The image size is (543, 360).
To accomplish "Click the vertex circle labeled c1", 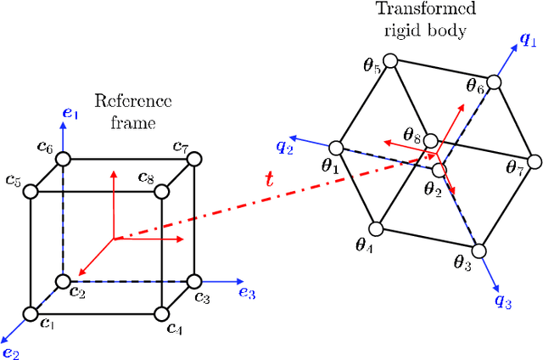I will point(31,314).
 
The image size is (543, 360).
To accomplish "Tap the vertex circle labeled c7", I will point(194,159).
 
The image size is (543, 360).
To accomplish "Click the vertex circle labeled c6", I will point(64,159).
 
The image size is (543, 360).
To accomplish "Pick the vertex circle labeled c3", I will point(194,281).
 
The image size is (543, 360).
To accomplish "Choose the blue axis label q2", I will point(284,146).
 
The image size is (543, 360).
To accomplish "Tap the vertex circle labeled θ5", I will point(390,61).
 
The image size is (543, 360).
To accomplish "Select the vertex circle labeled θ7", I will point(533,159).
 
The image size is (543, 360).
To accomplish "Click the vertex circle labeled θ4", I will point(378,228).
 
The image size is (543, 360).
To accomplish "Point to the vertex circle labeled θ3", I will point(480,250).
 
